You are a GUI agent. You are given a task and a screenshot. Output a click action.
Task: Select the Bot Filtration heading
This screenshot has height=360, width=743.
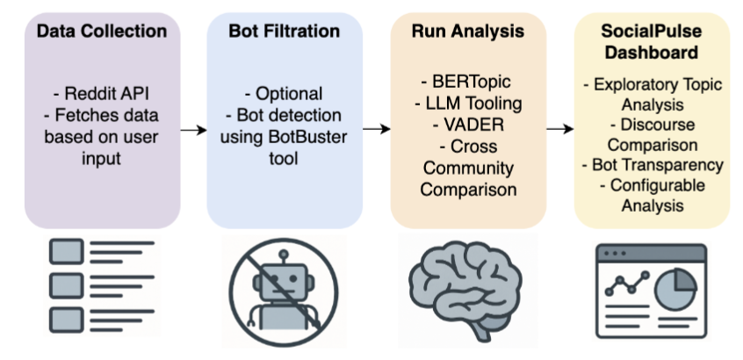[285, 32]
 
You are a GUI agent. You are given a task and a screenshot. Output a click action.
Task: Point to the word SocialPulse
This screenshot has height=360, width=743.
[651, 32]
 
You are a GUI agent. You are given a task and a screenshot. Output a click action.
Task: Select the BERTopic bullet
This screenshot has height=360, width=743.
[467, 83]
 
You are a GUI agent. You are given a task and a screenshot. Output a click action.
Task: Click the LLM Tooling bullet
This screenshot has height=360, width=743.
[467, 104]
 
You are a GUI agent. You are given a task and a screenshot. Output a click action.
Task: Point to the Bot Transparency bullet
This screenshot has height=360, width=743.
[651, 164]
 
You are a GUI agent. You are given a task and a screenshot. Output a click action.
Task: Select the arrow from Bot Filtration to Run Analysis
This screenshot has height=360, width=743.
[376, 129]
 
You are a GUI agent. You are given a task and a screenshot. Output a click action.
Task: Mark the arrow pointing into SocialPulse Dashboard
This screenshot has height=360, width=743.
[559, 129]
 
